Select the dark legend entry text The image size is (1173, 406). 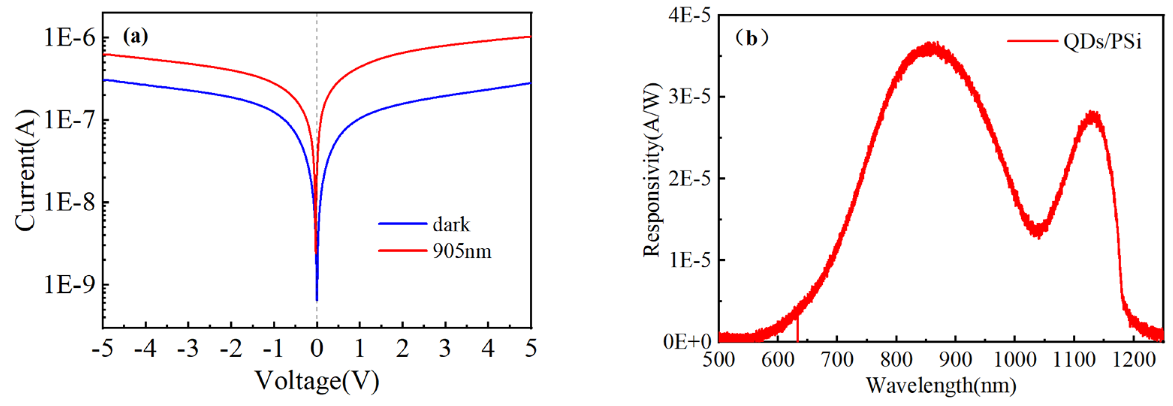(x=451, y=225)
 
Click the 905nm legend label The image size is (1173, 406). (x=462, y=251)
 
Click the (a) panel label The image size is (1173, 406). (x=135, y=36)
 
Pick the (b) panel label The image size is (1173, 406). (x=752, y=39)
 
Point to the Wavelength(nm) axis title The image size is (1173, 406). (x=941, y=385)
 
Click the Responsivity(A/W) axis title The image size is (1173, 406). (x=652, y=170)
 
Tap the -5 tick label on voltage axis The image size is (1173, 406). (x=103, y=349)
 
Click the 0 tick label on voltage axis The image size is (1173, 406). (x=317, y=349)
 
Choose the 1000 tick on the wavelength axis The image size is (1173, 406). (x=1015, y=360)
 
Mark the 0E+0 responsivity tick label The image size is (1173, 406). (x=687, y=341)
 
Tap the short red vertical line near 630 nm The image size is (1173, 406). (x=797, y=329)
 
